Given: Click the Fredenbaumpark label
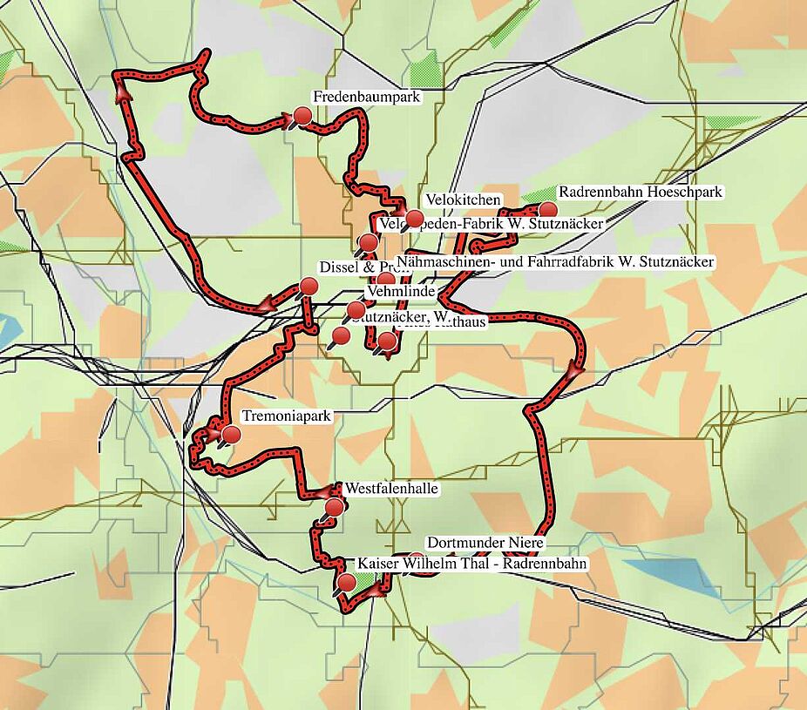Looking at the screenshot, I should pyautogui.click(x=366, y=97).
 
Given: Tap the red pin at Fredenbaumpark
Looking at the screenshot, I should pyautogui.click(x=302, y=116).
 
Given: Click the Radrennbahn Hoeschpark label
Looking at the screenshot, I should pyautogui.click(x=641, y=192).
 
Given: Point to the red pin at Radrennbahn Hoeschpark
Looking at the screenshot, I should pyautogui.click(x=547, y=209).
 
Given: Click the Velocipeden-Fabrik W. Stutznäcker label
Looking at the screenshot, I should pyautogui.click(x=492, y=224).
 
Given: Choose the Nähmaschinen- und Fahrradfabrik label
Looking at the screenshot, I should pyautogui.click(x=555, y=261).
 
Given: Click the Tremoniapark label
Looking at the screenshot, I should pyautogui.click(x=287, y=416).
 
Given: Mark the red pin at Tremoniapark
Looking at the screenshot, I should pyautogui.click(x=231, y=434).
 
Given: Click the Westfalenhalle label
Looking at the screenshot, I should pyautogui.click(x=391, y=489).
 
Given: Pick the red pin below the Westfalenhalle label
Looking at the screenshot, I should pyautogui.click(x=334, y=507).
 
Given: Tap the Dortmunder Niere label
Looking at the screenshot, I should pyautogui.click(x=485, y=543).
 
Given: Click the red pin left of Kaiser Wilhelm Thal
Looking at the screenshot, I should pyautogui.click(x=346, y=582).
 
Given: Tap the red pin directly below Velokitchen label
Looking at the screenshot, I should pyautogui.click(x=415, y=218).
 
